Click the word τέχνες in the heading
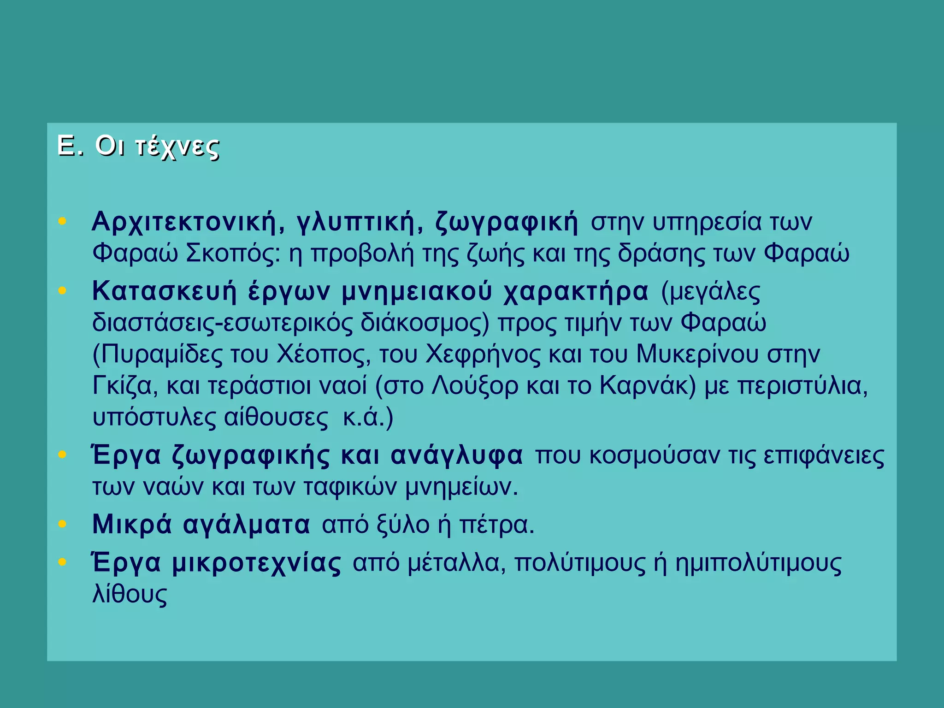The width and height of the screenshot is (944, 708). [177, 147]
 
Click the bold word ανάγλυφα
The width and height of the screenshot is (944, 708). [457, 455]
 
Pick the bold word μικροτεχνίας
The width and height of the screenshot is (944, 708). [257, 563]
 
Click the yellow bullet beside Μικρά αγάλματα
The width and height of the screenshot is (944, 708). [63, 524]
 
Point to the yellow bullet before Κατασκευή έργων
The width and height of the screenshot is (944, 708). [63, 291]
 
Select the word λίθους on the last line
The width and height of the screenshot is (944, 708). [130, 595]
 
